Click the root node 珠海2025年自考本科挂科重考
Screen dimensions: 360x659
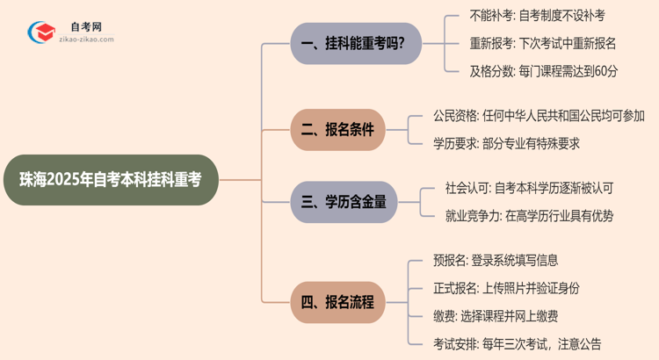click(109, 180)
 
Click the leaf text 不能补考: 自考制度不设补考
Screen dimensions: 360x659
click(525, 16)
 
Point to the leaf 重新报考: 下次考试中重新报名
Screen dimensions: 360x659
click(531, 43)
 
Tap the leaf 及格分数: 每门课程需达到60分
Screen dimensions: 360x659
click(531, 71)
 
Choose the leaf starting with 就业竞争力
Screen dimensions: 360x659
click(529, 216)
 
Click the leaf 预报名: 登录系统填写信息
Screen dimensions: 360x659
click(496, 260)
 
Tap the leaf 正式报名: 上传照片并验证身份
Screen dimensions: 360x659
click(506, 288)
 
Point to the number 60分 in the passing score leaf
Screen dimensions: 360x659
click(605, 71)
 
